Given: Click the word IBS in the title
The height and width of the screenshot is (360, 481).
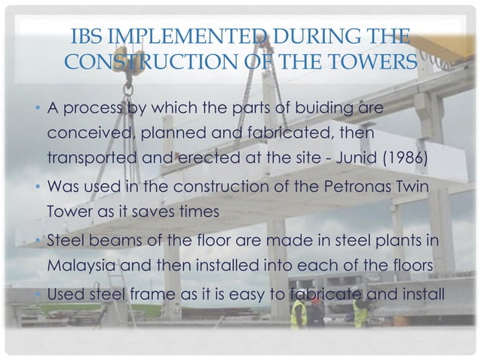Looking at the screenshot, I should tap(85, 37).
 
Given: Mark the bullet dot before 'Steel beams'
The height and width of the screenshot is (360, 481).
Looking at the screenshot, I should tap(38, 241).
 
